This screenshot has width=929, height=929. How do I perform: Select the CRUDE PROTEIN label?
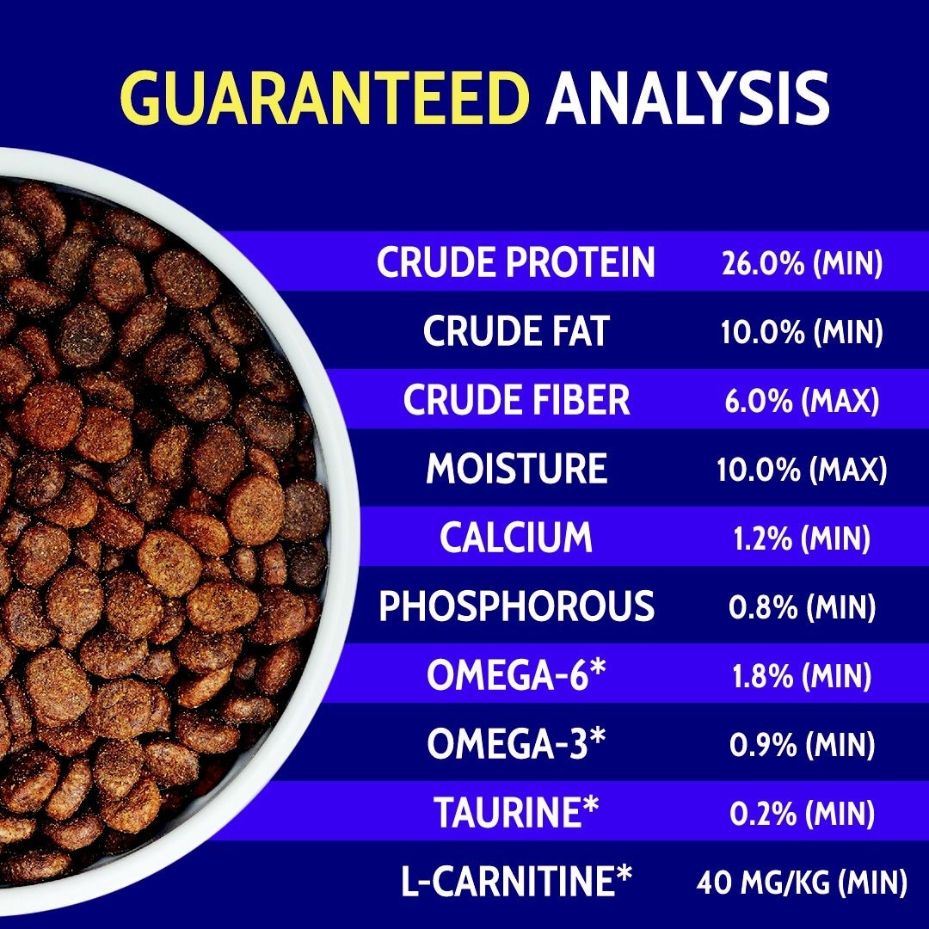click(x=516, y=261)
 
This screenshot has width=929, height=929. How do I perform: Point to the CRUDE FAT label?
click(x=516, y=330)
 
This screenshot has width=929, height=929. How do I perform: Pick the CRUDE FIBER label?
click(x=516, y=399)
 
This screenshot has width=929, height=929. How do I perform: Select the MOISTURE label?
click(x=517, y=468)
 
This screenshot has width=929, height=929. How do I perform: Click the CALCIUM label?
click(x=516, y=537)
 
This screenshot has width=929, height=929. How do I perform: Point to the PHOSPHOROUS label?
click(x=517, y=606)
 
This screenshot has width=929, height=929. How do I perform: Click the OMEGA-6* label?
click(x=517, y=674)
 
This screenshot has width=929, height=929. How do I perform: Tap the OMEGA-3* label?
click(x=517, y=743)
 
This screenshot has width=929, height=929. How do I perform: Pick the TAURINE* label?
click(x=516, y=812)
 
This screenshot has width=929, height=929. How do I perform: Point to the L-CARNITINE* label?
click(x=517, y=881)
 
